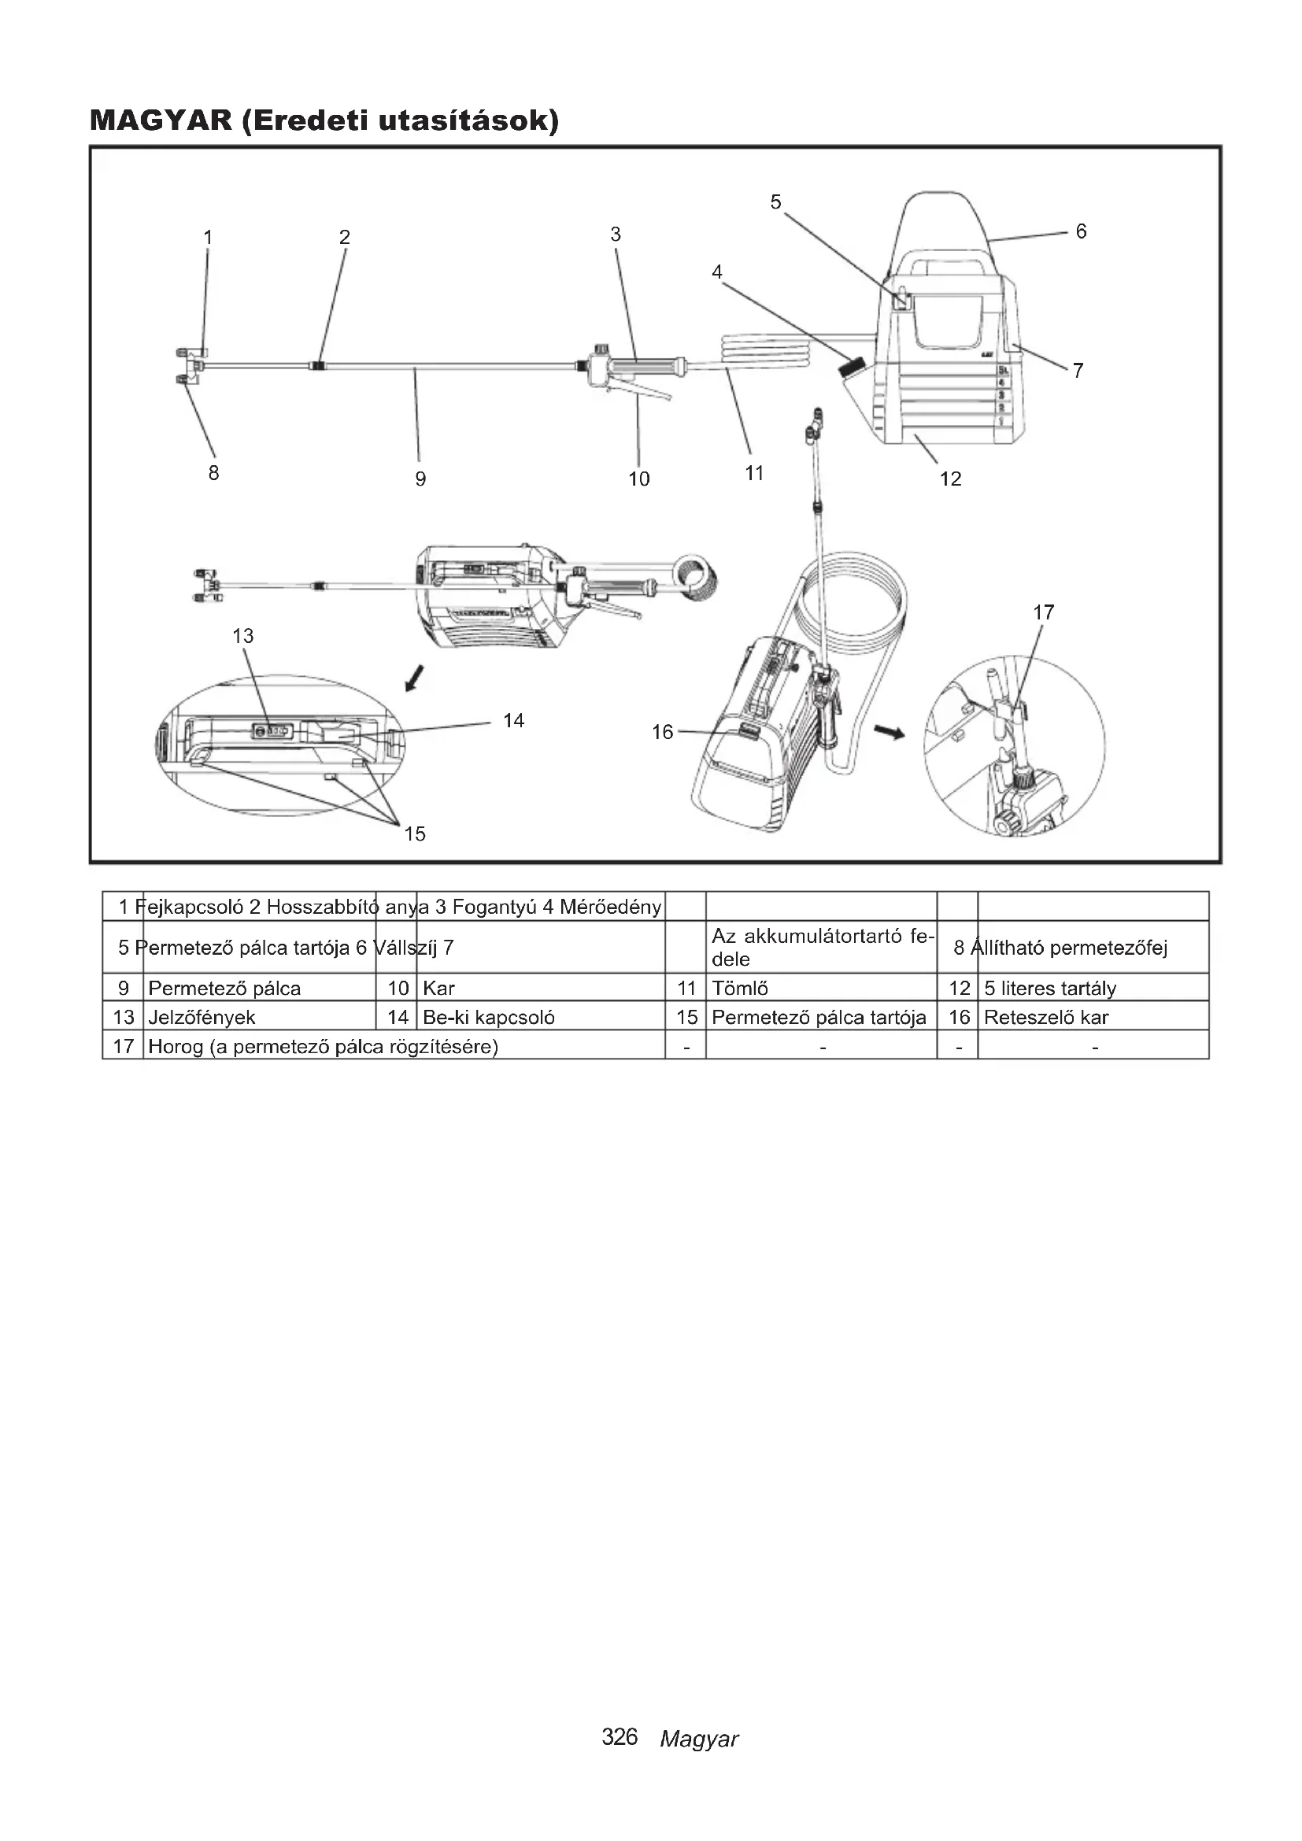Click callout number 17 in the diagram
tap(1043, 612)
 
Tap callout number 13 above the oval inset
tap(243, 636)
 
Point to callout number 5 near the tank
tap(775, 202)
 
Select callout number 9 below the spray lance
tap(420, 479)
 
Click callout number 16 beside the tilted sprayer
tap(662, 732)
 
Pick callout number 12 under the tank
tap(950, 479)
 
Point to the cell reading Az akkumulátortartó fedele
tap(819, 948)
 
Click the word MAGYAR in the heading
tap(160, 121)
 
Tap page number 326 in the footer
tap(620, 1737)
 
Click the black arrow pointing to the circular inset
tap(889, 731)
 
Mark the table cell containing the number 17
tap(124, 1046)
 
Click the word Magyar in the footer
tap(698, 1739)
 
